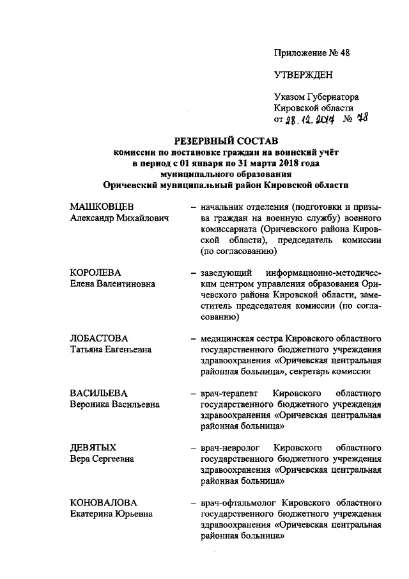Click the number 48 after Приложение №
point(344,52)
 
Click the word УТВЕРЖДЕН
point(303,75)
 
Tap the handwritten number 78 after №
point(362,118)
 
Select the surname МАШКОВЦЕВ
point(102,208)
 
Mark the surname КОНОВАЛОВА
point(102,501)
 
